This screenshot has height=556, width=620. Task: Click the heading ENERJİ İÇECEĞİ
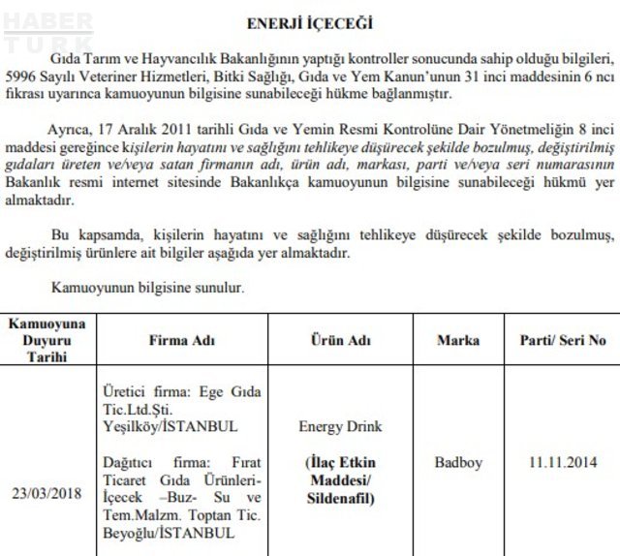coord(311,22)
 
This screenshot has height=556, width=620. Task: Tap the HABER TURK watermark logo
coord(48,32)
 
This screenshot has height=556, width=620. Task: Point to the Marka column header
coord(457,341)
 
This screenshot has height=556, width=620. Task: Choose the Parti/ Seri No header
coord(562,341)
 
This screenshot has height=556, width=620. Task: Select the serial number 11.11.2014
coord(562,463)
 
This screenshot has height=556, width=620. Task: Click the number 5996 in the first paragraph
coord(22,77)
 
